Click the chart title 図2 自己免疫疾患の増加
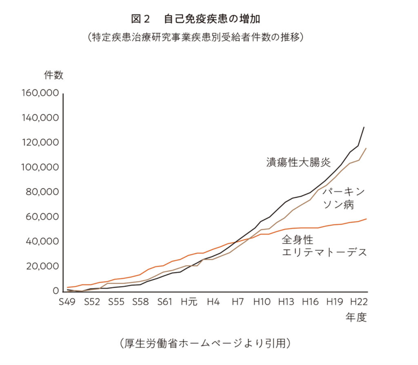point(202,19)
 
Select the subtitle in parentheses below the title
point(196,37)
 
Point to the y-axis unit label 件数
point(53,75)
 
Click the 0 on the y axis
point(55,291)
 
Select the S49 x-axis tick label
point(67,303)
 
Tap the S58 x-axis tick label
point(140,303)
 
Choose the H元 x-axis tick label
point(189,303)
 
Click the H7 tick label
point(238,303)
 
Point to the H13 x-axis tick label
point(286,303)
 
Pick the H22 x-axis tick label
point(359,303)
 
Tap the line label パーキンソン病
point(343,198)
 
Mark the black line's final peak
point(364,127)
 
